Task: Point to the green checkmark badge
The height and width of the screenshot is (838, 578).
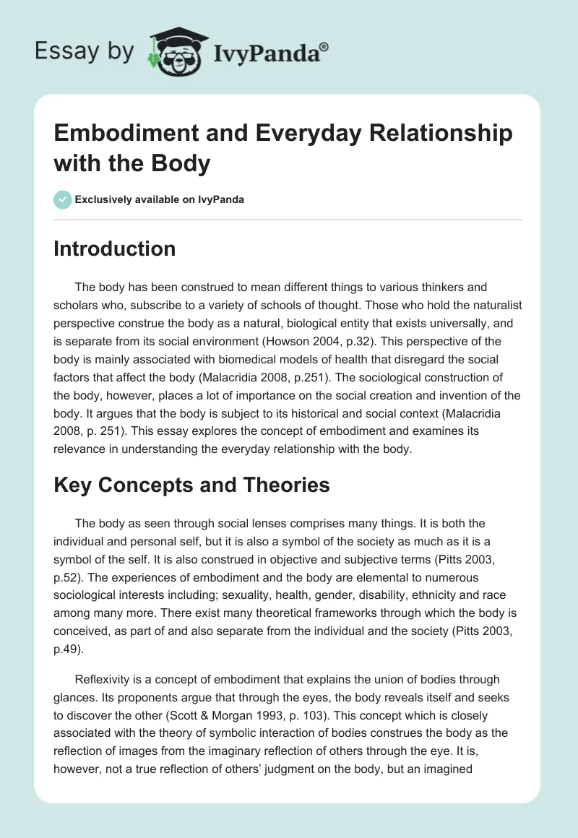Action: pyautogui.click(x=63, y=199)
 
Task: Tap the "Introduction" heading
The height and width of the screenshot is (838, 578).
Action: pyautogui.click(x=115, y=249)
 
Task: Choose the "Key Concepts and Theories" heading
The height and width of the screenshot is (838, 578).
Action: pyautogui.click(x=191, y=485)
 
